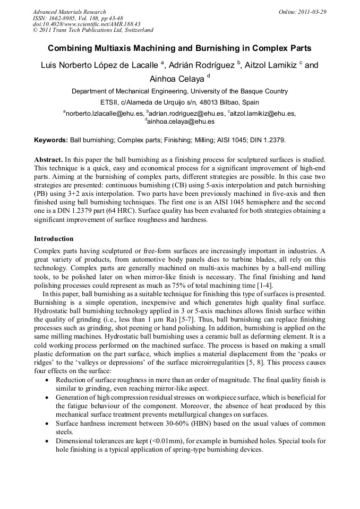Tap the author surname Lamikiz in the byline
[x=279, y=65]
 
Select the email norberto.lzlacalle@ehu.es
[x=105, y=113]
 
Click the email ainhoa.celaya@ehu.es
[x=181, y=122]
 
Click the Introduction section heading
[x=54, y=238]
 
